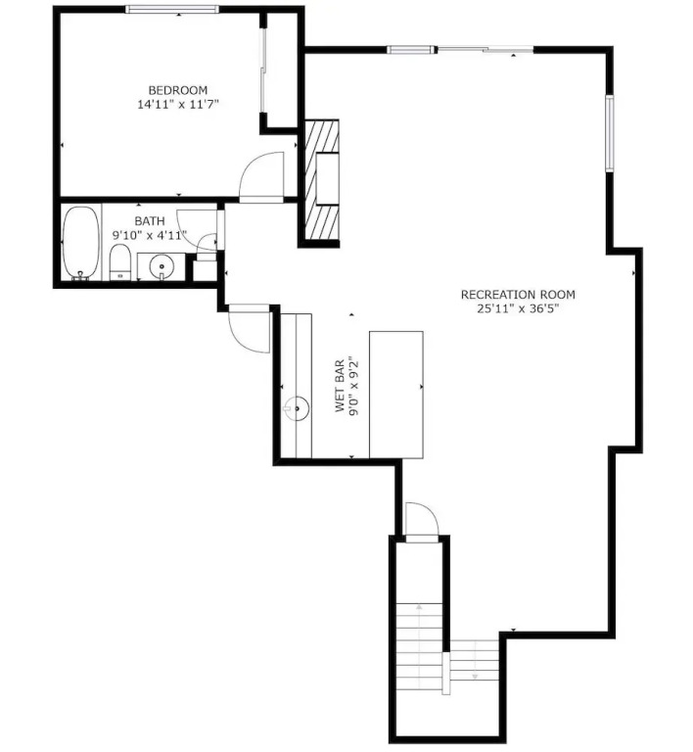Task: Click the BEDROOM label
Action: click(178, 90)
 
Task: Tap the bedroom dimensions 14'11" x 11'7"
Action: click(178, 104)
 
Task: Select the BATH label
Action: click(150, 221)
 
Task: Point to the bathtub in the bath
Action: click(81, 243)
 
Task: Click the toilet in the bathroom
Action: click(119, 261)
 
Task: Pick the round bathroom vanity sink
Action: click(162, 265)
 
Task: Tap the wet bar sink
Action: click(297, 408)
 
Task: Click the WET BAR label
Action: click(340, 385)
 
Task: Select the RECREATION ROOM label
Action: click(518, 295)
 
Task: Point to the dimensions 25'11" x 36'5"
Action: click(518, 308)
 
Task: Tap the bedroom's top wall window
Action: click(172, 9)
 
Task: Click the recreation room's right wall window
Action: click(610, 133)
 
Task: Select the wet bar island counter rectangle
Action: click(395, 395)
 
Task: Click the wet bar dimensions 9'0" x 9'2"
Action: click(354, 385)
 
